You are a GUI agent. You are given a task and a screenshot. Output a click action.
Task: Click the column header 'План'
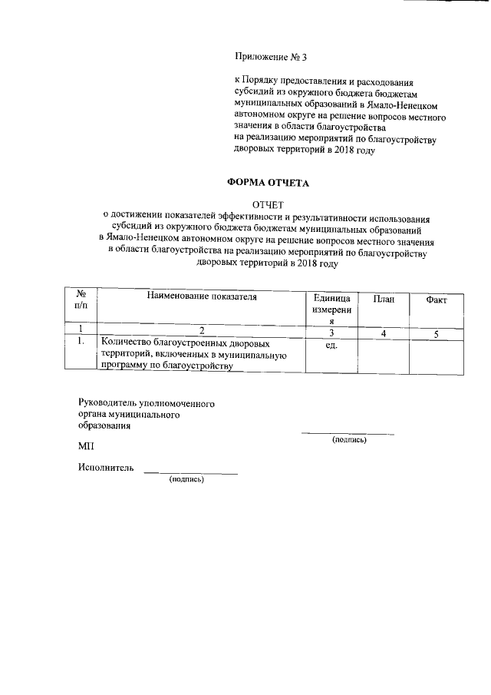click(x=384, y=299)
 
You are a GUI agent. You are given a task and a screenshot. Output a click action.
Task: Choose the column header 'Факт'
click(x=436, y=300)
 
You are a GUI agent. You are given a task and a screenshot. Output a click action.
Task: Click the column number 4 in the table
click(x=384, y=333)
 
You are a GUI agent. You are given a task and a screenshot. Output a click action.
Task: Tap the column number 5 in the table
click(x=436, y=333)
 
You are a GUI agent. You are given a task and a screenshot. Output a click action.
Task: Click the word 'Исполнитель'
click(x=106, y=467)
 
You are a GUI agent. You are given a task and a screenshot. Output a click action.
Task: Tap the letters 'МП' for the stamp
click(x=85, y=445)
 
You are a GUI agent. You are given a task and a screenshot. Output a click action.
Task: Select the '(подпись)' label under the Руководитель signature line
click(x=348, y=440)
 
